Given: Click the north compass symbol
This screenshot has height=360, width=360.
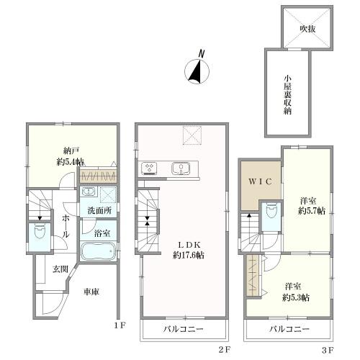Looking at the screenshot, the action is (197, 71).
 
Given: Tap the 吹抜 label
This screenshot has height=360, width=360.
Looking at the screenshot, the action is (307, 29).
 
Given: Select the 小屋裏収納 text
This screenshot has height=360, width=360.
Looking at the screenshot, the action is (288, 95).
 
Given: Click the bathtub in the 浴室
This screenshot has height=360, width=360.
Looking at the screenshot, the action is (98, 251).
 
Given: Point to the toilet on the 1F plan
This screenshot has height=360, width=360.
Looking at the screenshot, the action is (40, 232).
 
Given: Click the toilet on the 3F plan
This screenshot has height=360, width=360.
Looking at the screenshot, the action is (271, 210).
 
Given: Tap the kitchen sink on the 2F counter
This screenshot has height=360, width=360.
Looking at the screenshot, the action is (181, 168).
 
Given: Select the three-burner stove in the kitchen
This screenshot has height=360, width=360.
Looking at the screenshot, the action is (149, 167).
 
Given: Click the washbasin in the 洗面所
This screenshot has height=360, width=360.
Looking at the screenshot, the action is (89, 192).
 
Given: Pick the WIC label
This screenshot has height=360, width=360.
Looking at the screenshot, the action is (260, 181).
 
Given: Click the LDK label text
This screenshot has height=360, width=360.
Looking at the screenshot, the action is (189, 245).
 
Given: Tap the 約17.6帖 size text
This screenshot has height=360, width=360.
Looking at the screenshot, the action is (189, 255).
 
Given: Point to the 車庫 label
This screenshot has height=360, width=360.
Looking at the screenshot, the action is (91, 292).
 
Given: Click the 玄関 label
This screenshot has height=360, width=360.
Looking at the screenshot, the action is (60, 269).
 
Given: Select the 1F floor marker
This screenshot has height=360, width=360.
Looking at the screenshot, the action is (120, 325).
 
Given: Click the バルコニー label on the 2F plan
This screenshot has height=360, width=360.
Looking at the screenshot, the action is (184, 329).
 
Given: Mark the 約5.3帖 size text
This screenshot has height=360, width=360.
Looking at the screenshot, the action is (296, 297).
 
